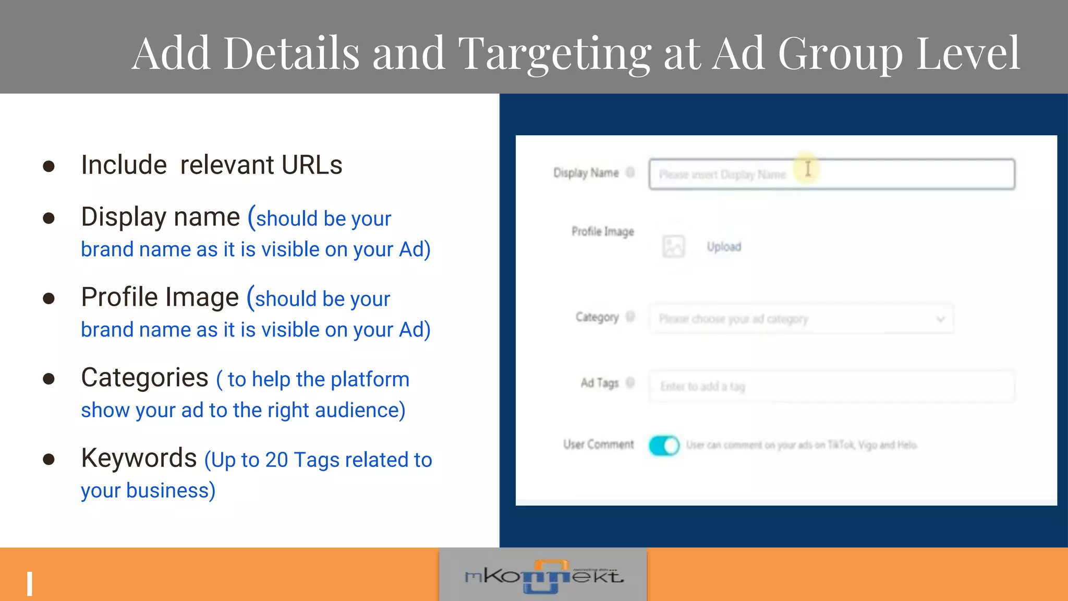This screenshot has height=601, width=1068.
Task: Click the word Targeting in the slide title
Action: (x=554, y=54)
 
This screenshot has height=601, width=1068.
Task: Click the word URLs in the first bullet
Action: (x=311, y=165)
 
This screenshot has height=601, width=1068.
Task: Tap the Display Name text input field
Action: (x=831, y=174)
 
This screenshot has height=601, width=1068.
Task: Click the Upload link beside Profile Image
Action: (x=724, y=247)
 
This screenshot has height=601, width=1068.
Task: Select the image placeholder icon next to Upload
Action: (x=673, y=246)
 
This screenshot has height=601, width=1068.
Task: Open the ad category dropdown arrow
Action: (x=940, y=319)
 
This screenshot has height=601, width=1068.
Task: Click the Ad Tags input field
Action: (x=831, y=387)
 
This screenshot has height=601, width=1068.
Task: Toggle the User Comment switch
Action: (x=664, y=446)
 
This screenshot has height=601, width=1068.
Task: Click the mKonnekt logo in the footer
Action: (x=543, y=576)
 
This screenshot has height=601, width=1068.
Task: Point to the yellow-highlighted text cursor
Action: (x=807, y=169)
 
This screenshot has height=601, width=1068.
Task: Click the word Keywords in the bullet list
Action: (x=139, y=459)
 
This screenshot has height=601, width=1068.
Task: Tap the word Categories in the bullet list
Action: (x=144, y=378)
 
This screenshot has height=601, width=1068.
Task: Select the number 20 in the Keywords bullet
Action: (x=276, y=460)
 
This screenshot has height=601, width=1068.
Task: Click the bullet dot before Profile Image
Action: (x=49, y=298)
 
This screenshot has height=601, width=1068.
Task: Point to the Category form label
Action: (x=597, y=317)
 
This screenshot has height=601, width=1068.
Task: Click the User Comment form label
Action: (x=598, y=444)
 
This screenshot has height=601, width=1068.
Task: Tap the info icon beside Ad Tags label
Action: (x=630, y=383)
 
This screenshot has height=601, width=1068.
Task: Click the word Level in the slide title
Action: (x=967, y=54)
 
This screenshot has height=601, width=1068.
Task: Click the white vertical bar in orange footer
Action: (x=30, y=584)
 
